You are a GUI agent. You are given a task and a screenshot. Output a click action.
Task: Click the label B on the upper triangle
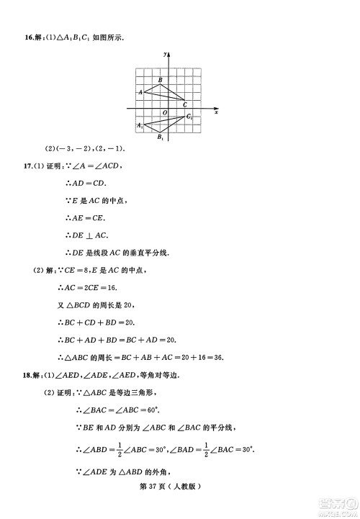point(160,80)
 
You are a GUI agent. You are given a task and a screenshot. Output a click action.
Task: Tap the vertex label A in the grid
point(140,92)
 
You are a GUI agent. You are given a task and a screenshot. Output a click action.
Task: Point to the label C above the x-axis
point(185,105)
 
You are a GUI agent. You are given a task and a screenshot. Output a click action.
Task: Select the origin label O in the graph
point(164,112)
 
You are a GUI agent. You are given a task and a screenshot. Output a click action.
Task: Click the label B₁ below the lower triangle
point(160,137)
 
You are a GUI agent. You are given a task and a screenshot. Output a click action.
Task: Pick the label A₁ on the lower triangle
point(140,125)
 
